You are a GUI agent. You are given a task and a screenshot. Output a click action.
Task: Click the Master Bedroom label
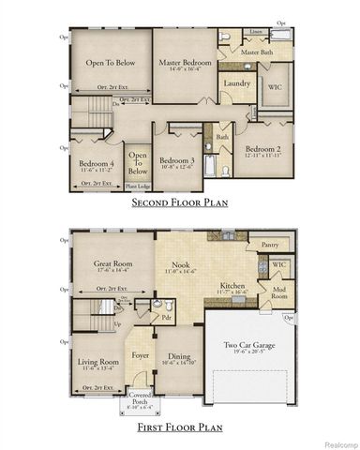pos(185,63)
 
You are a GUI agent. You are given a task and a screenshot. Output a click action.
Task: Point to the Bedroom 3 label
pos(176,160)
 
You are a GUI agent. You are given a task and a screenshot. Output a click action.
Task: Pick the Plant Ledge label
pos(138,186)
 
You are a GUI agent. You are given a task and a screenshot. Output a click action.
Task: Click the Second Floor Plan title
pos(180,202)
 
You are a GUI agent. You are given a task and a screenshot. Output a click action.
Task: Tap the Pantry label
pos(270,244)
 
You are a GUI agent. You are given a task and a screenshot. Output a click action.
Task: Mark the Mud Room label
pos(279,292)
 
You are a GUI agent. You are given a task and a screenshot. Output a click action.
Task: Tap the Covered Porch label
pos(142,398)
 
